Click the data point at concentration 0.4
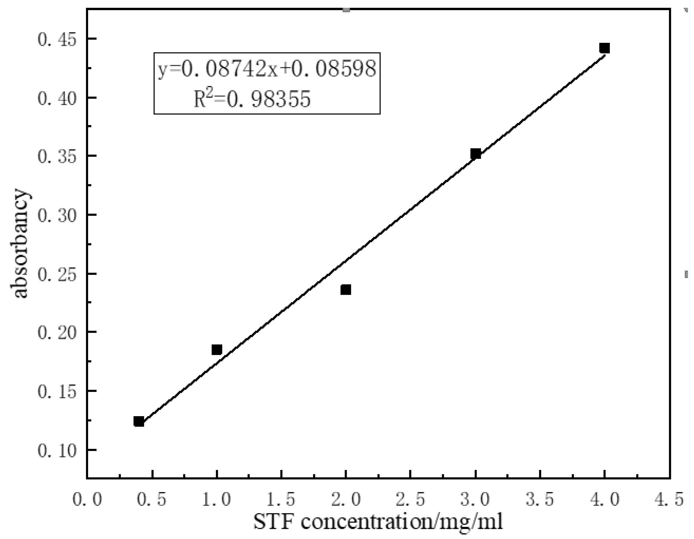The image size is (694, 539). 139,422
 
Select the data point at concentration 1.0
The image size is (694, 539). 217,350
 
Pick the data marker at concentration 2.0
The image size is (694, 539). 346,289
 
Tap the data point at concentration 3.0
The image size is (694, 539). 475,154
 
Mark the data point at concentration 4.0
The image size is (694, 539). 604,48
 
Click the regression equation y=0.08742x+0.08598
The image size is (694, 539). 267,68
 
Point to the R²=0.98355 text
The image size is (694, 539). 252,99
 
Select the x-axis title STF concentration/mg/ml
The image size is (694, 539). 378,522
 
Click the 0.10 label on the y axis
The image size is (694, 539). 57,450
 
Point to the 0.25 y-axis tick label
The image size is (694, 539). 57,274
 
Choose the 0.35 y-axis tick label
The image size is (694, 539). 57,156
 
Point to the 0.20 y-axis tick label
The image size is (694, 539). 57,333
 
